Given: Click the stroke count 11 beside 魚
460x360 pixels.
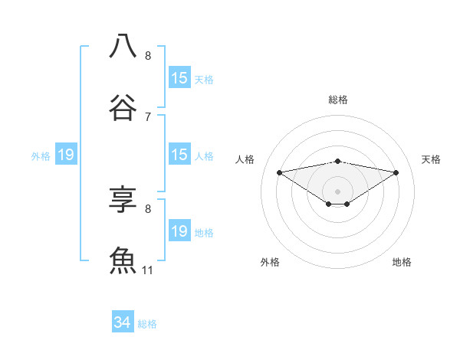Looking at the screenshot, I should pos(148,270).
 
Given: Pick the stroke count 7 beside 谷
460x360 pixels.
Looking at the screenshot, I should pos(148,116).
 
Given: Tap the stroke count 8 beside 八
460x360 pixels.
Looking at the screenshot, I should pos(148,55).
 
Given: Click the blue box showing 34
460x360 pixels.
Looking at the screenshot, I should pos(122,323).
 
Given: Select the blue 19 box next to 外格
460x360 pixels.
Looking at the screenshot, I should pos(66,155).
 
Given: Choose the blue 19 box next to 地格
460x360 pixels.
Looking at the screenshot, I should pos(179,231).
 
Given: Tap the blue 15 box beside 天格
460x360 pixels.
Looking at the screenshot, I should pos(179,78).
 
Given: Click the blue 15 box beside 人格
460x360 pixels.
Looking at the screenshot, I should pos(179,155).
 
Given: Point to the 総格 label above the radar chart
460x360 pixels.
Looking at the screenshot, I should pos(337,100).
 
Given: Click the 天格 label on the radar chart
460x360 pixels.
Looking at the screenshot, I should pos(432,159).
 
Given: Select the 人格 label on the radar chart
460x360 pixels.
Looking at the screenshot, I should pos(245,159).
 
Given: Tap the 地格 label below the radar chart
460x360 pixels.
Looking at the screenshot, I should pos(402,262).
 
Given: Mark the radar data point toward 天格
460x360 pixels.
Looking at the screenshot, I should pos(396,172).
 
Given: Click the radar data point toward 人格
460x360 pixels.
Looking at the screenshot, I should pos(279,172).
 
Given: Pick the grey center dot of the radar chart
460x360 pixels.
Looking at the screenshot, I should pos(337,191).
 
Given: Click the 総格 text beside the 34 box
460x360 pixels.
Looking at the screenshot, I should pos(147,324).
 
